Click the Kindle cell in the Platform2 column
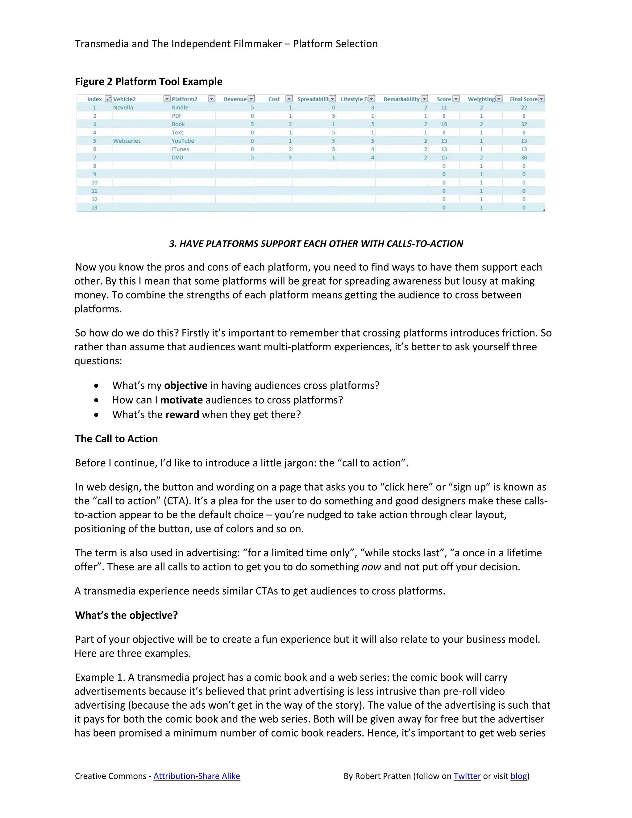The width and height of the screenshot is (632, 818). (180, 107)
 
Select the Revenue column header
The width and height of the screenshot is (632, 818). (235, 99)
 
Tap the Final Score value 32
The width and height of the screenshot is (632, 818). (524, 124)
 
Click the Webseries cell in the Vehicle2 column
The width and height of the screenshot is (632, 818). (127, 141)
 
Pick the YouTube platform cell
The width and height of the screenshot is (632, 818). (183, 141)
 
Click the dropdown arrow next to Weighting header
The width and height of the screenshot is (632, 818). (499, 99)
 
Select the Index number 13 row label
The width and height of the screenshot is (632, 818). (94, 207)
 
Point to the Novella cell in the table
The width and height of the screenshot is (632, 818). (123, 107)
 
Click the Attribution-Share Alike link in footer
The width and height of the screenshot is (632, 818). (197, 776)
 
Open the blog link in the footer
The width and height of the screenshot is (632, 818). (518, 776)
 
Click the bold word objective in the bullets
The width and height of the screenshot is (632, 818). (186, 386)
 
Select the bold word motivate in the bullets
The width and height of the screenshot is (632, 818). (181, 400)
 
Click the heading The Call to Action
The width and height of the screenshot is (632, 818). (116, 439)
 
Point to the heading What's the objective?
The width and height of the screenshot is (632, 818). (126, 615)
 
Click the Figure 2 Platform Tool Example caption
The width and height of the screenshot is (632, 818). (149, 82)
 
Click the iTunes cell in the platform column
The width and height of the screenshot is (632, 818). (181, 149)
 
